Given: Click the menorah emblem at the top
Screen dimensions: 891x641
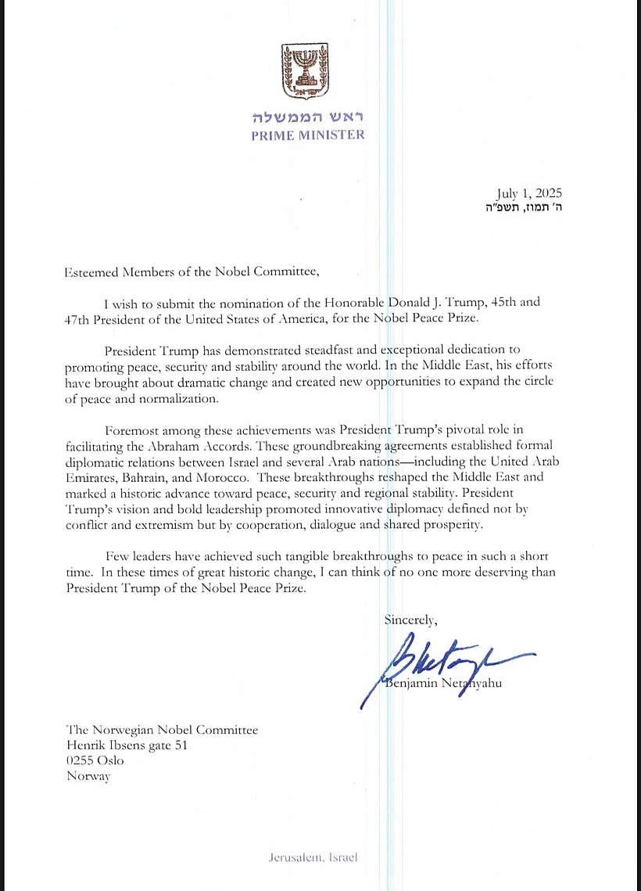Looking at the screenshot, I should click(307, 71).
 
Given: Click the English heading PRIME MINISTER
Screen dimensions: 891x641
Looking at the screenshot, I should click(307, 135).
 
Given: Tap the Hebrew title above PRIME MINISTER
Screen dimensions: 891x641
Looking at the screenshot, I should click(307, 117).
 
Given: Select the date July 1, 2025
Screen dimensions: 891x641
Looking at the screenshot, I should click(529, 193).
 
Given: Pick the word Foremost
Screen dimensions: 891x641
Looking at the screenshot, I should click(131, 430).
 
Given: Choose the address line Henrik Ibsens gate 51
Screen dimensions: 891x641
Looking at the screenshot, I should click(127, 745).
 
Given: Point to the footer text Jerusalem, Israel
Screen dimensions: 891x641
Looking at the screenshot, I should click(313, 857).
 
